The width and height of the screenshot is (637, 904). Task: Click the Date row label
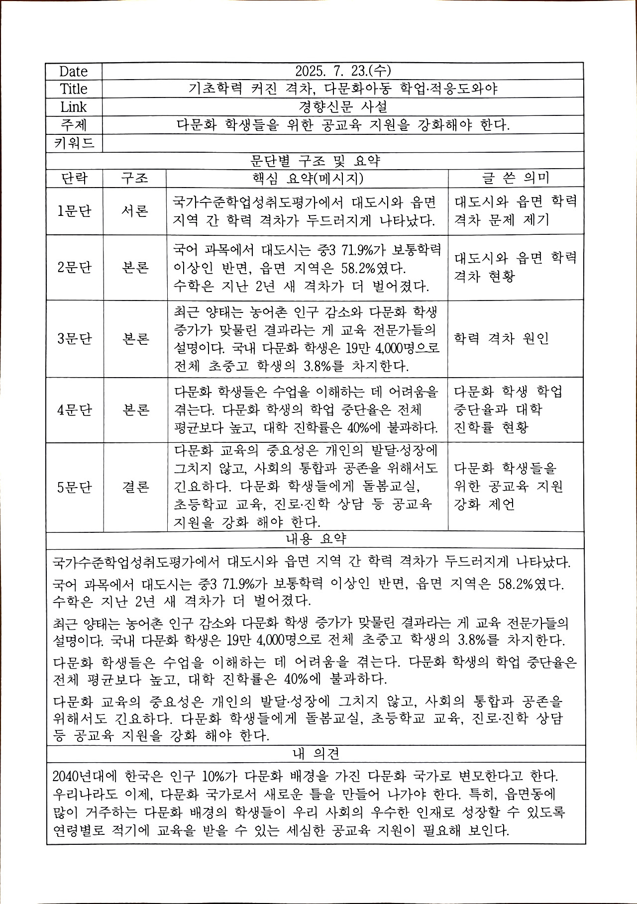(x=73, y=71)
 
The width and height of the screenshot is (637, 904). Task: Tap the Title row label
(x=74, y=89)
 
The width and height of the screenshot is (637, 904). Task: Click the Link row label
(x=74, y=107)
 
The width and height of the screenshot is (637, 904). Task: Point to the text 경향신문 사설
(x=343, y=106)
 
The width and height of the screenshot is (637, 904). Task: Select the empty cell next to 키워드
(x=342, y=143)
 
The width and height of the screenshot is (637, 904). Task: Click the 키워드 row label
(x=74, y=143)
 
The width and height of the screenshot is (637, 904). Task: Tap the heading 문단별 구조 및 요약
(x=315, y=161)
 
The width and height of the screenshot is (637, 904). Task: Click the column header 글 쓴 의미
(x=515, y=178)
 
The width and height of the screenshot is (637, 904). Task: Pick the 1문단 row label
(x=74, y=211)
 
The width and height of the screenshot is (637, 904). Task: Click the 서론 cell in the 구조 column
(x=135, y=211)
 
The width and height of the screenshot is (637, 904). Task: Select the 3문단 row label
(x=74, y=339)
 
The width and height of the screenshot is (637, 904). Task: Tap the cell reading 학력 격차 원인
(x=501, y=338)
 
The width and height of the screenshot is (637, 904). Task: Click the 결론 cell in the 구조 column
(x=135, y=487)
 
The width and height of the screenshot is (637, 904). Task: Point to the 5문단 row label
(x=74, y=487)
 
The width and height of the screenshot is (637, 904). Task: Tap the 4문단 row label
(x=74, y=410)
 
